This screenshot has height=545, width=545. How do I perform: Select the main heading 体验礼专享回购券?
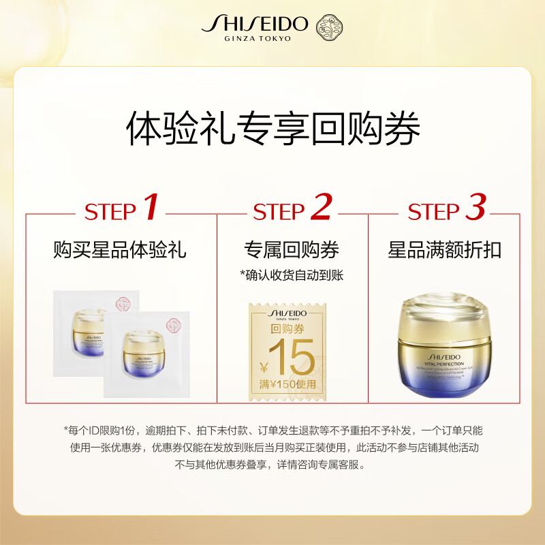(x=272, y=127)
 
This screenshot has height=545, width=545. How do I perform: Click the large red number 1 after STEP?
(x=151, y=208)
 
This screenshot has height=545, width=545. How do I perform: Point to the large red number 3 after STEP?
(x=475, y=208)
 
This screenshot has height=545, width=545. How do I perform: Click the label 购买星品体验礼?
(x=120, y=250)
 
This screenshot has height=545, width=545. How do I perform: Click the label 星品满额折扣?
(x=444, y=250)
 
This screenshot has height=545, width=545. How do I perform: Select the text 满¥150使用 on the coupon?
(x=287, y=384)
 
